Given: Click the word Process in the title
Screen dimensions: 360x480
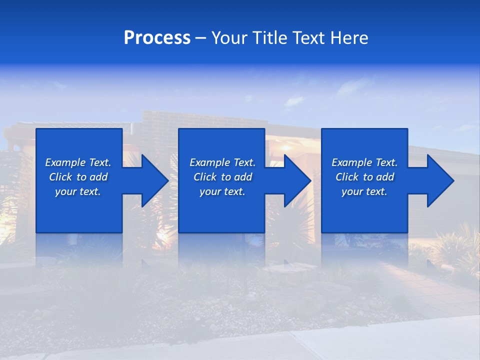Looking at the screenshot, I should point(157,38).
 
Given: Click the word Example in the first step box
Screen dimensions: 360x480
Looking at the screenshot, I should point(65,162).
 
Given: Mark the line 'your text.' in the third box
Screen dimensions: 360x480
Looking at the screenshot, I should point(364,191).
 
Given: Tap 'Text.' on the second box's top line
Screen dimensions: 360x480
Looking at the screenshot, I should point(243,162).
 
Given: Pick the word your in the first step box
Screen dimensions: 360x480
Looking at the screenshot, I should point(65,191).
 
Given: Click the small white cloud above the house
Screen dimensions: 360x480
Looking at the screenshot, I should point(294,101).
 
